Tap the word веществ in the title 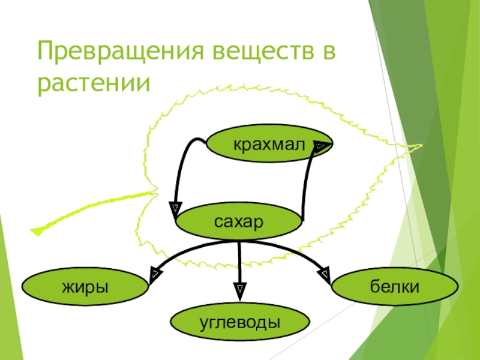point(262,53)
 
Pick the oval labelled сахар point(239,223)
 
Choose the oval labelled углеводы point(240,323)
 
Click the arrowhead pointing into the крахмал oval point(320,146)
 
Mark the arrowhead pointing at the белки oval point(325,275)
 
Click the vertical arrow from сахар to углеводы point(239,264)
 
